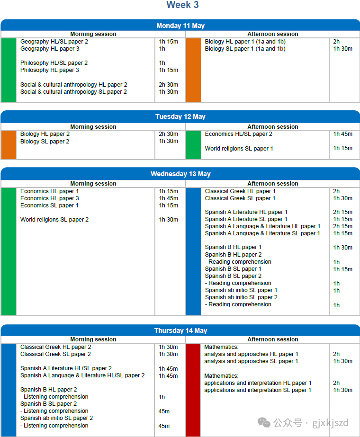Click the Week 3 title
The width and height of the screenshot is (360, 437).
(182, 5)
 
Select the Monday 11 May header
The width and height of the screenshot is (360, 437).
(180, 26)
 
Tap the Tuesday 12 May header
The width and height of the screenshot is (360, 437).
(180, 116)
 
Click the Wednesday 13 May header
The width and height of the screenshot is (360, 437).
(180, 174)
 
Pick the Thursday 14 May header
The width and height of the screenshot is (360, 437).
(180, 330)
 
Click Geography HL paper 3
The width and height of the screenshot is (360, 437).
(50, 49)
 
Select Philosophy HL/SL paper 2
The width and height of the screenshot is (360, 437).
(54, 63)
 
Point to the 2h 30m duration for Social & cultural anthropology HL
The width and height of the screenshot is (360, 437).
(168, 85)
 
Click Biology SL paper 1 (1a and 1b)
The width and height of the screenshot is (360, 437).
(245, 49)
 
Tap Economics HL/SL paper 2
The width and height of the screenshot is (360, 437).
(238, 134)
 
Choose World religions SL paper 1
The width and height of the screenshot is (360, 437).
(239, 149)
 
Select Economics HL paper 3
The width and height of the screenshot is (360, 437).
(50, 198)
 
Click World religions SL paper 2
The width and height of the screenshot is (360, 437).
(54, 220)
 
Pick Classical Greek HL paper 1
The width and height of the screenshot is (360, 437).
(240, 191)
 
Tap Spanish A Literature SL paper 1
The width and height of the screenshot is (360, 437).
(246, 219)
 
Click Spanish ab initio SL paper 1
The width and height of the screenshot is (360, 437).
(241, 290)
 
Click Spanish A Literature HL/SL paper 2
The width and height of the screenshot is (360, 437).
(66, 368)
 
